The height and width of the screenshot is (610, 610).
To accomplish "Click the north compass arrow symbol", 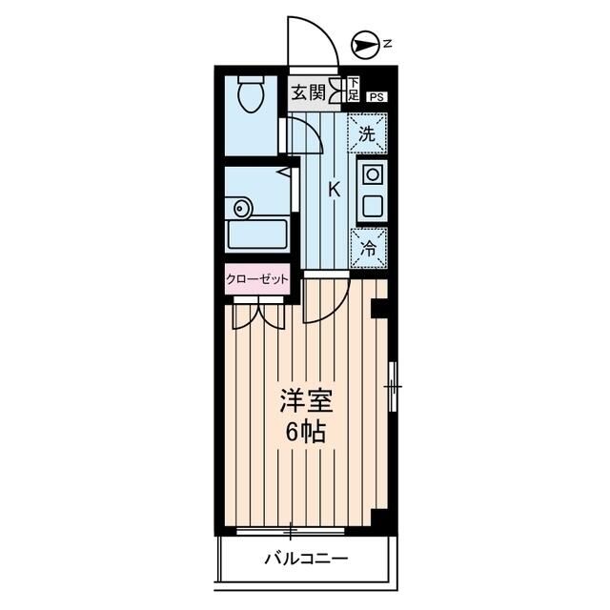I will [x=362, y=42].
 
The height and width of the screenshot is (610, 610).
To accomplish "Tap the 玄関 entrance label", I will [x=307, y=92].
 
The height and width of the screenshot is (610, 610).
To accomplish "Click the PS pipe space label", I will [x=378, y=95].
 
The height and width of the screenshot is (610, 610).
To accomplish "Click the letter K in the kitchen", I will [x=334, y=189].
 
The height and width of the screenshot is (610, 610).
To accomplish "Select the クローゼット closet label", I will [x=256, y=279].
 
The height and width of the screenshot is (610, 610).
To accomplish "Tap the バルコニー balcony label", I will [x=305, y=559].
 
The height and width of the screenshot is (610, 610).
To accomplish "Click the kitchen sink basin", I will [x=371, y=204].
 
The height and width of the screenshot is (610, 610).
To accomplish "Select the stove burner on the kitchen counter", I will [x=371, y=175].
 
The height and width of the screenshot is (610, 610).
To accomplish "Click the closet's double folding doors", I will [x=256, y=311].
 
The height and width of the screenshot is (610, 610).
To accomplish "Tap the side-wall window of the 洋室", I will [x=395, y=387].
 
